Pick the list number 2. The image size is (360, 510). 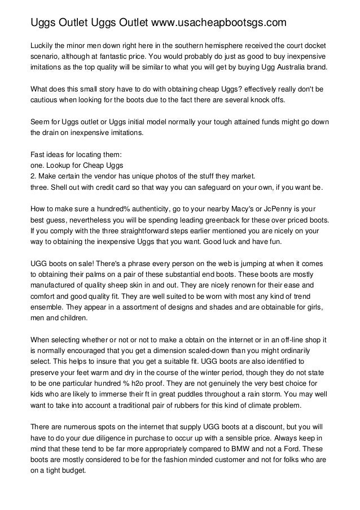[x=32, y=176]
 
